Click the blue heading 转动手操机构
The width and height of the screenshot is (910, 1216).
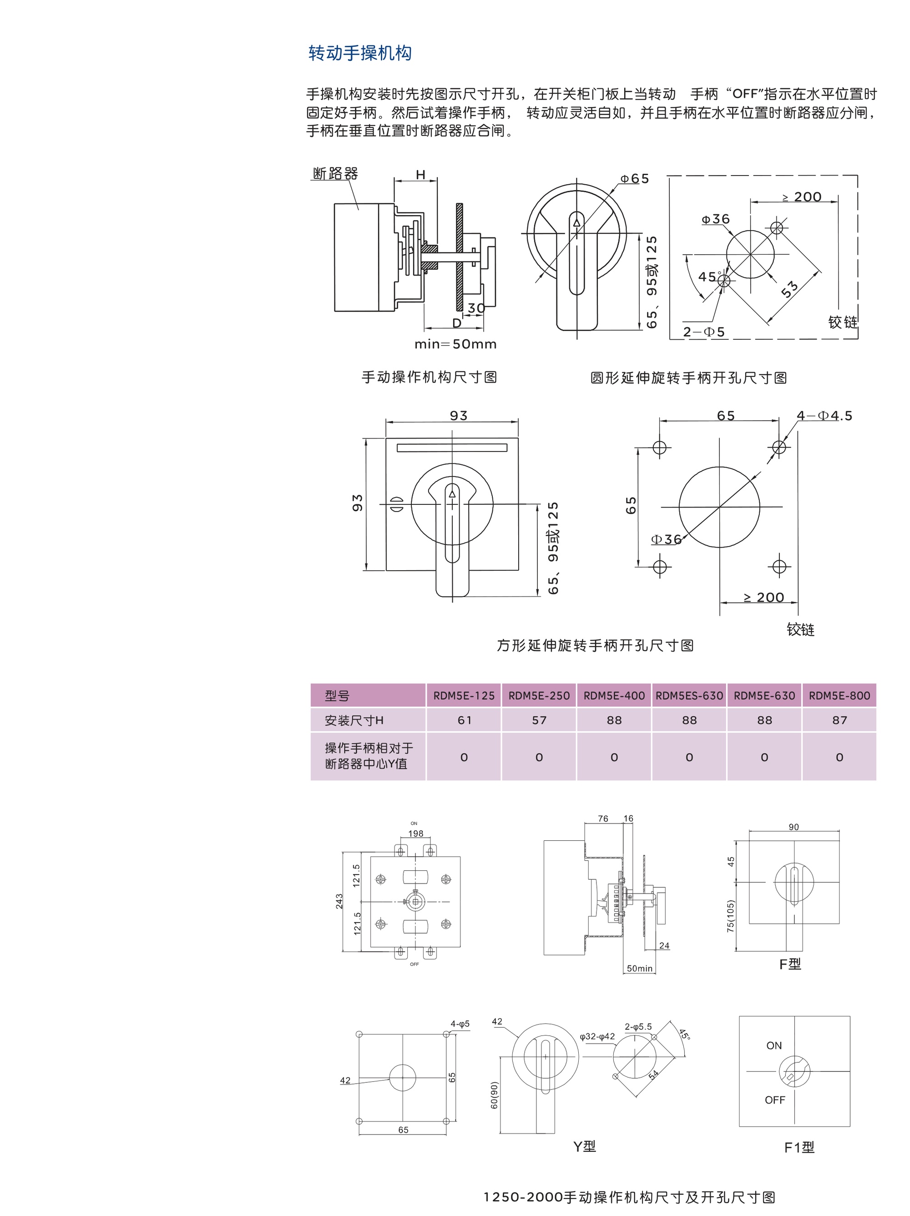(x=360, y=53)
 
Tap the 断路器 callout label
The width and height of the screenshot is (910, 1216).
(x=335, y=174)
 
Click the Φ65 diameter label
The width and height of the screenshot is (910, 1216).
(x=634, y=179)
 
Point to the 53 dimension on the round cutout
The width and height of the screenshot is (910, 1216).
(x=789, y=289)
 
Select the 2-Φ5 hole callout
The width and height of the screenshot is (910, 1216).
(x=704, y=332)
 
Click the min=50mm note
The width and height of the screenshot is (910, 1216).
(x=455, y=344)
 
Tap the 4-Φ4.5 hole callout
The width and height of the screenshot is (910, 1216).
(x=824, y=416)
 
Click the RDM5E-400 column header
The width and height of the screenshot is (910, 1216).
(x=614, y=695)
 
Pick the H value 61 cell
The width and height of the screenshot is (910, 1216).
(x=465, y=720)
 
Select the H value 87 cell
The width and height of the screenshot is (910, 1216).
(x=839, y=720)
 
